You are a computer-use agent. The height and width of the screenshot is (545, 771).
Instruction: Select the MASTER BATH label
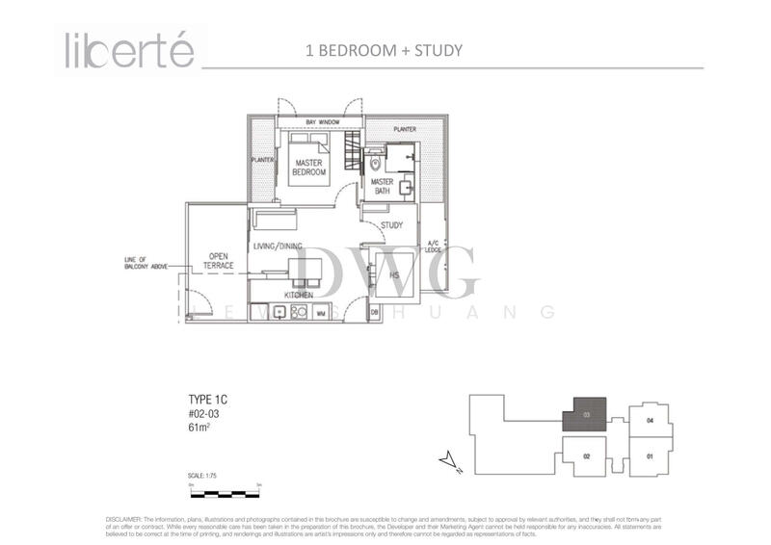[382, 186]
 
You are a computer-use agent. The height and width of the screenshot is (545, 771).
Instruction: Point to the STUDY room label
[391, 225]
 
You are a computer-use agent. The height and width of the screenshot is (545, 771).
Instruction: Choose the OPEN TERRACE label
[217, 260]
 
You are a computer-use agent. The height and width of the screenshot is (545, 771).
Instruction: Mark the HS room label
[393, 274]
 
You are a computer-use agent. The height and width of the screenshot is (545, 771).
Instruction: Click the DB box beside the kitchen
[374, 312]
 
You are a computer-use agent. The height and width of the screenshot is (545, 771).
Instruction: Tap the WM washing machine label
[319, 312]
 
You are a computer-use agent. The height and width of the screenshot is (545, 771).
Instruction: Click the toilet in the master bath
[375, 165]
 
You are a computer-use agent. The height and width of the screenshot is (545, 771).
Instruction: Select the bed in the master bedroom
[310, 158]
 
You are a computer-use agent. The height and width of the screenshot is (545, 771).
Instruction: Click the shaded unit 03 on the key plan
[585, 412]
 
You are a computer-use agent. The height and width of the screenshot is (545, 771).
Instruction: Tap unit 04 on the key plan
[649, 421]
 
